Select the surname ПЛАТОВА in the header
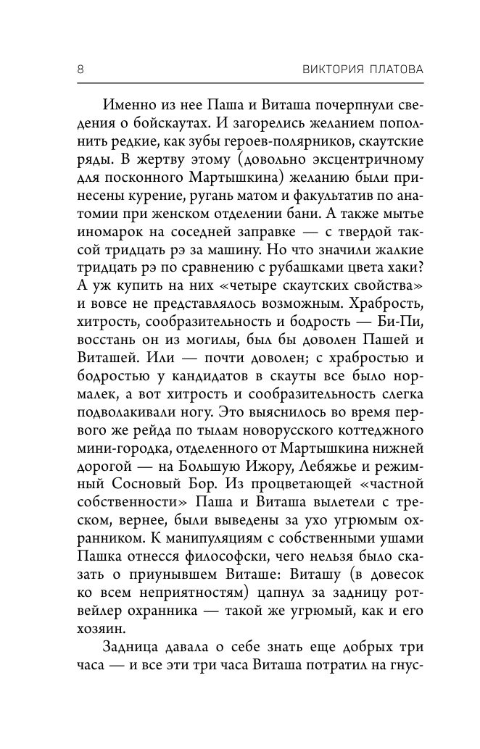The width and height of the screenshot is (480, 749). pyautogui.click(x=392, y=69)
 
